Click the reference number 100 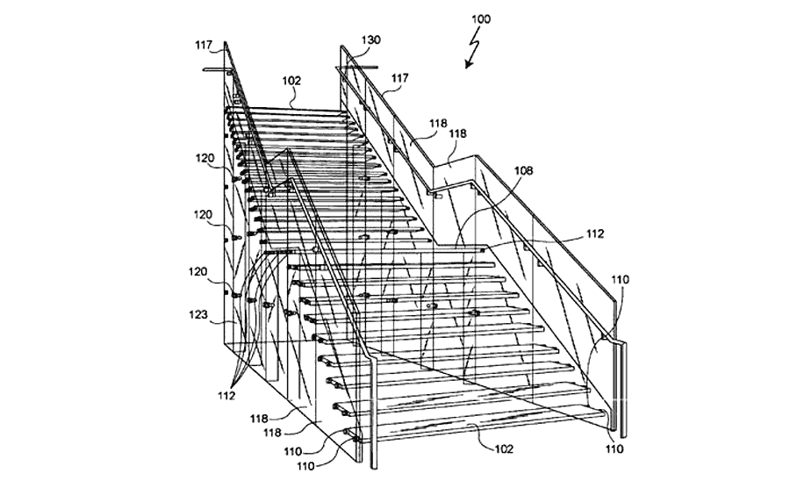pyautogui.click(x=481, y=19)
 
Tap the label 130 pyautogui.click(x=370, y=39)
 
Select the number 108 pyautogui.click(x=523, y=171)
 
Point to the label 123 pyautogui.click(x=198, y=315)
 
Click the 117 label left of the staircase pyautogui.click(x=204, y=46)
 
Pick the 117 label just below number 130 pyautogui.click(x=399, y=78)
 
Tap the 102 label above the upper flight pyautogui.click(x=291, y=81)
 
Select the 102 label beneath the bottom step pyautogui.click(x=504, y=449)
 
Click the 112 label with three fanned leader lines pyautogui.click(x=226, y=396)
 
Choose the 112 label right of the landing pyautogui.click(x=594, y=233)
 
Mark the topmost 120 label pyautogui.click(x=205, y=158)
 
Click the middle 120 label pyautogui.click(x=203, y=215)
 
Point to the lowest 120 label pyautogui.click(x=197, y=272)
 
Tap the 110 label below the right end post pyautogui.click(x=614, y=449)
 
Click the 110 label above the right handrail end pyautogui.click(x=621, y=279)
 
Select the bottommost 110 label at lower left pyautogui.click(x=305, y=466)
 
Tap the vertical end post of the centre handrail pyautogui.click(x=374, y=414)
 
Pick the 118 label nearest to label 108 pyautogui.click(x=457, y=133)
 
